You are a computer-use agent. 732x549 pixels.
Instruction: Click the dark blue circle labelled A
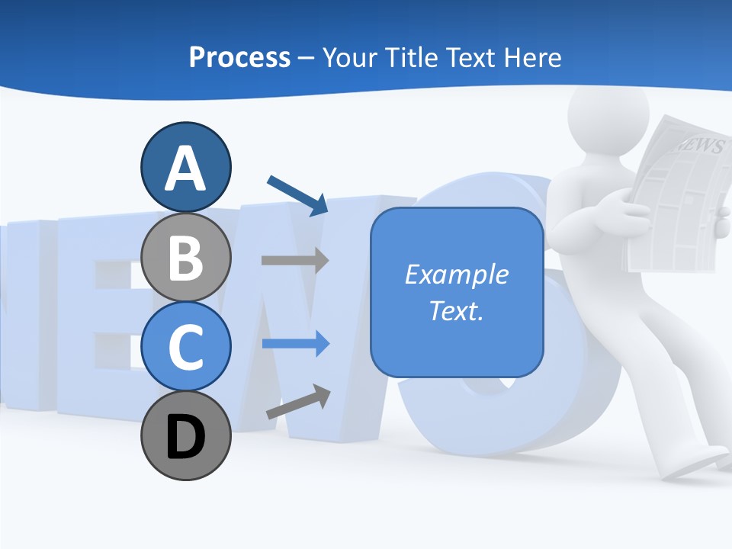[x=185, y=167]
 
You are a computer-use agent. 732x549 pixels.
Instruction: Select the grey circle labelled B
[x=185, y=257]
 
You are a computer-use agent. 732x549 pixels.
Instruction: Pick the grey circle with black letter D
[x=185, y=436]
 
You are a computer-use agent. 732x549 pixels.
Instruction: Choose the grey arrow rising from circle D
[x=298, y=402]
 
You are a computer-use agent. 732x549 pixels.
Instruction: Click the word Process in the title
[x=239, y=57]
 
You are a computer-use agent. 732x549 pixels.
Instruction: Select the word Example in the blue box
[x=456, y=274]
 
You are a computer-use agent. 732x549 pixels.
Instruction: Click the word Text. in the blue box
[x=456, y=310]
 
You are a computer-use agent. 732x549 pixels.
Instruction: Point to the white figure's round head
[x=608, y=114]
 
